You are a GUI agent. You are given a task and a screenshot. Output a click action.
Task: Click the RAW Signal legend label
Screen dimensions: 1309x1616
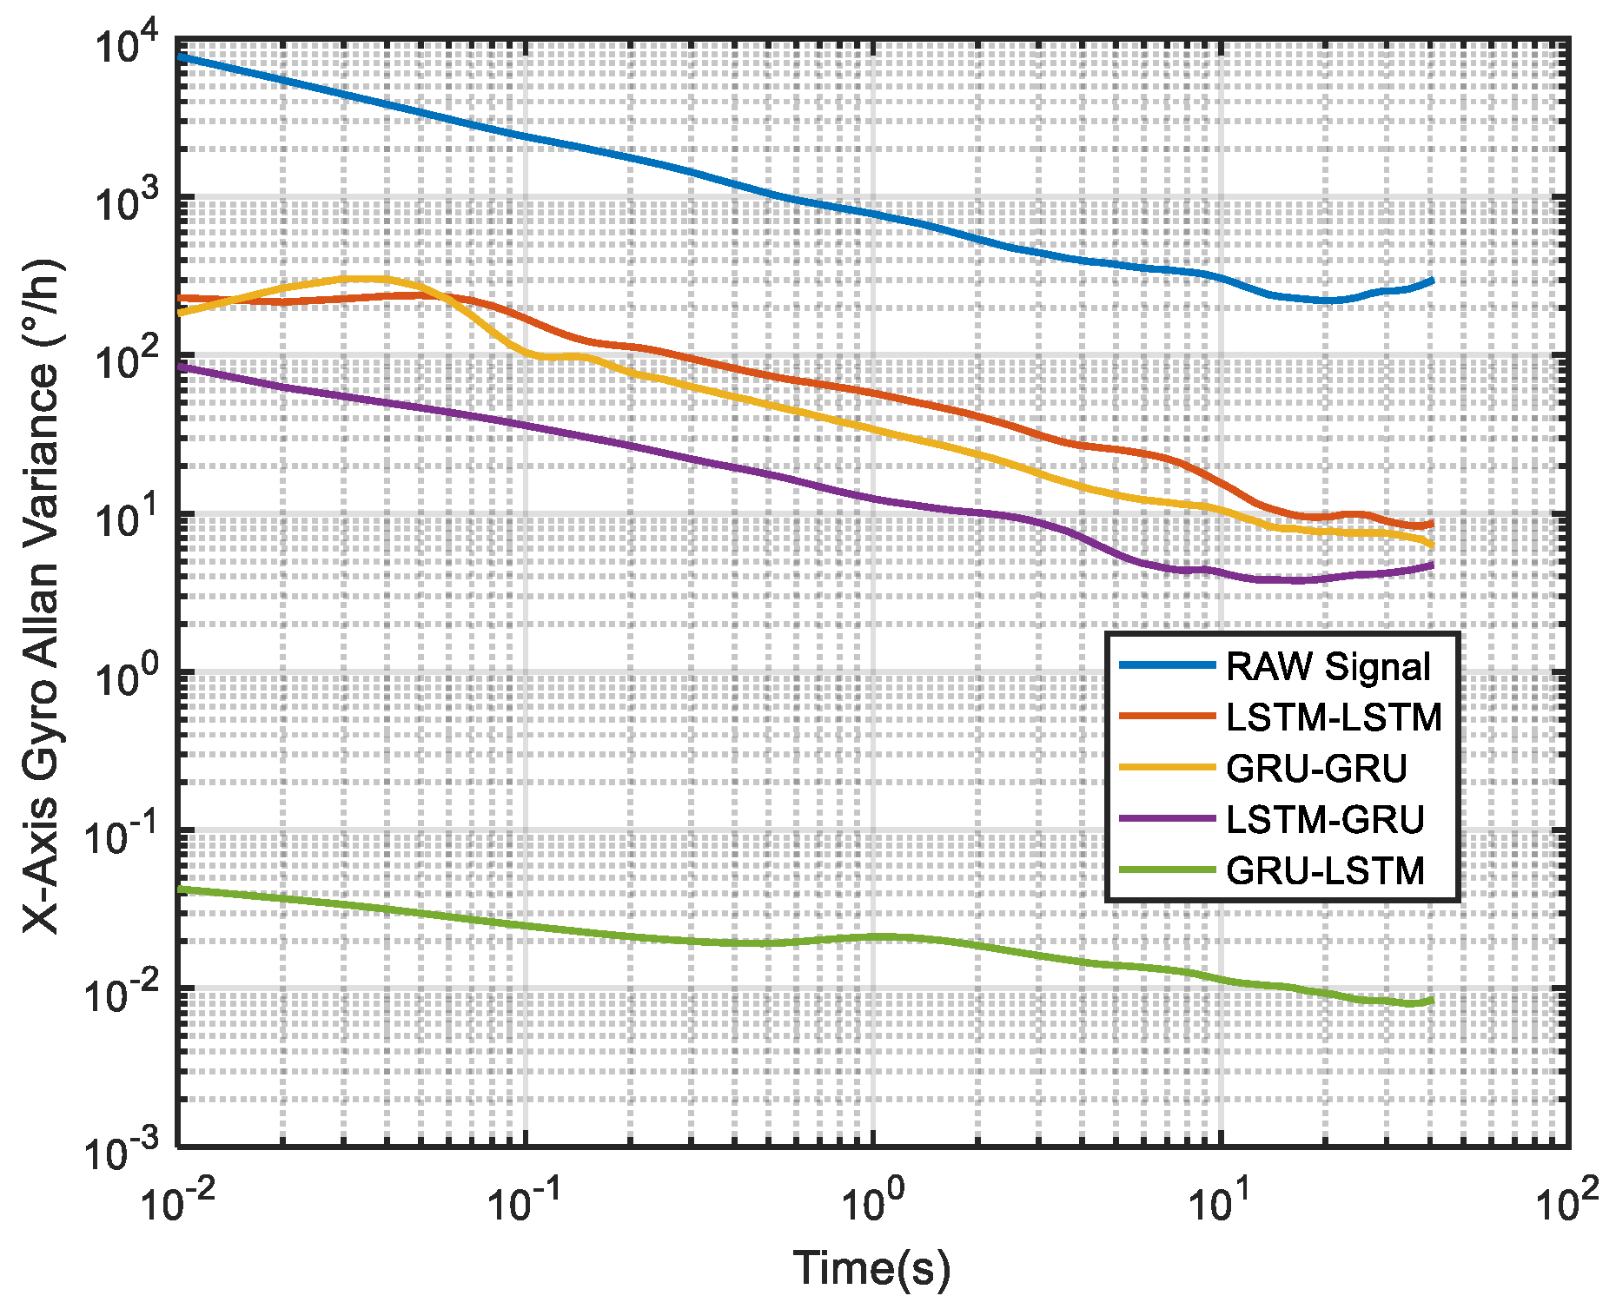(1327, 667)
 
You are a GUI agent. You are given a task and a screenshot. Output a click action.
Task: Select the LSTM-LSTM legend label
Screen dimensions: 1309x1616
(1334, 717)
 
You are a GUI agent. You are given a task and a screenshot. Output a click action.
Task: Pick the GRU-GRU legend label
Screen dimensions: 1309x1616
(1315, 769)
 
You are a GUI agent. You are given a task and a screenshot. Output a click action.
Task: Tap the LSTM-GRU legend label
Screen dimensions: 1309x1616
(1325, 819)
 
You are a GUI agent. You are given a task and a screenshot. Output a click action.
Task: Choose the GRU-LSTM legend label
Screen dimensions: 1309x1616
(1325, 870)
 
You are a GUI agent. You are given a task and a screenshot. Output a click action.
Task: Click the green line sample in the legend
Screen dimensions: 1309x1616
(1166, 869)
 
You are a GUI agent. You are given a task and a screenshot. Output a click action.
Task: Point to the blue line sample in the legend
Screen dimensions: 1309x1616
(1166, 666)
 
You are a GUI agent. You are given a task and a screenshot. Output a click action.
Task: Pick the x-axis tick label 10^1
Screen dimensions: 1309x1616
(1220, 1202)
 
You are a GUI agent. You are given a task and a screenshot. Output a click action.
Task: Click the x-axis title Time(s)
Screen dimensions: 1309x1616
(871, 1267)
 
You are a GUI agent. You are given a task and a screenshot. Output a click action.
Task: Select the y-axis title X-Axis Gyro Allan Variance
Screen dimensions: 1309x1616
(42, 594)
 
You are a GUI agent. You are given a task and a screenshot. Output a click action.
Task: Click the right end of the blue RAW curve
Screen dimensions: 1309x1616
(1431, 281)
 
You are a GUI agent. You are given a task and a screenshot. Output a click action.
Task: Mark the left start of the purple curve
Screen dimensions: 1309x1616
(180, 367)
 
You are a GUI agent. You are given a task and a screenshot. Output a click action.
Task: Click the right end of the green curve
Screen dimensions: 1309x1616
(1431, 1001)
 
